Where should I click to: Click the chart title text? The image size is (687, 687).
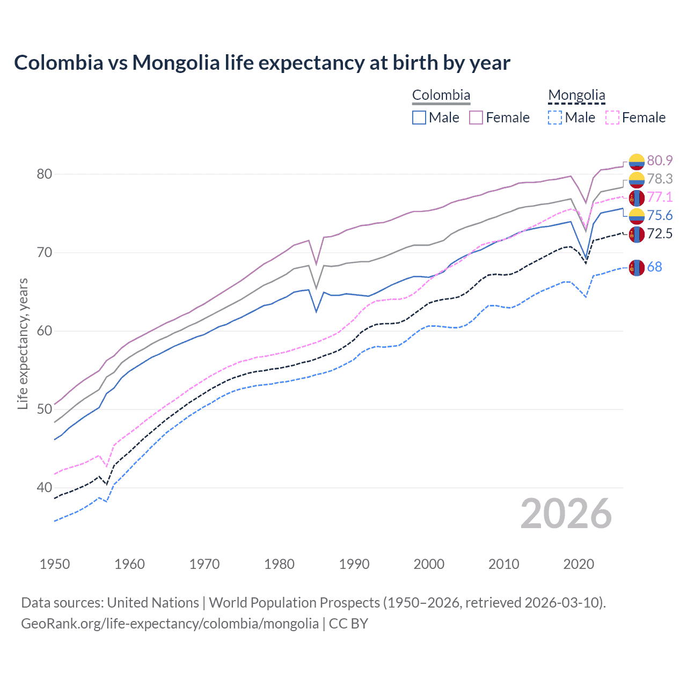(x=262, y=63)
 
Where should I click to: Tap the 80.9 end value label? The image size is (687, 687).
(x=660, y=160)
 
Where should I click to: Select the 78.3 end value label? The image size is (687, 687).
(x=660, y=179)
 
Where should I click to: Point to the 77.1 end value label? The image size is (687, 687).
(x=660, y=197)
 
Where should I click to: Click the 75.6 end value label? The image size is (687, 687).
(x=660, y=215)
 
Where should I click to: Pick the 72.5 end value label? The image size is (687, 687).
(x=660, y=233)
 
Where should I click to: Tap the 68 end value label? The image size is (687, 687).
(x=654, y=267)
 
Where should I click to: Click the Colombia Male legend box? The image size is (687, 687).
(x=419, y=118)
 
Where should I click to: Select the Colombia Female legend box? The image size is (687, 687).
(x=476, y=118)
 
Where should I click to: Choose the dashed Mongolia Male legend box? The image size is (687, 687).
(x=555, y=118)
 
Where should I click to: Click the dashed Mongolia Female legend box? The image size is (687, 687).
(x=612, y=118)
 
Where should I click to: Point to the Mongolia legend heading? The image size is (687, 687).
(x=576, y=95)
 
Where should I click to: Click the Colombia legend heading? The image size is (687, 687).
(x=441, y=95)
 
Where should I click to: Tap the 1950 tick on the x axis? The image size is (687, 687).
(x=55, y=564)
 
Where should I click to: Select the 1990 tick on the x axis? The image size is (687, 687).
(x=354, y=564)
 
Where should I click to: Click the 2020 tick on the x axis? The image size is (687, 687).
(x=579, y=564)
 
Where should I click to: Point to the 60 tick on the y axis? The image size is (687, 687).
(x=45, y=331)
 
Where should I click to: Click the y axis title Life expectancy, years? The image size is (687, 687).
(x=23, y=343)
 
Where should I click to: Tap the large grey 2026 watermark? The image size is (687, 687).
(x=566, y=514)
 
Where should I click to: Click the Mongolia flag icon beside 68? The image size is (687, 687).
(x=637, y=267)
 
